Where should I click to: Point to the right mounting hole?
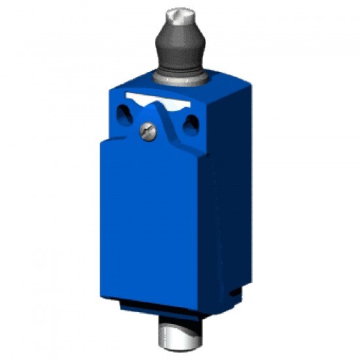click(x=190, y=124)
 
